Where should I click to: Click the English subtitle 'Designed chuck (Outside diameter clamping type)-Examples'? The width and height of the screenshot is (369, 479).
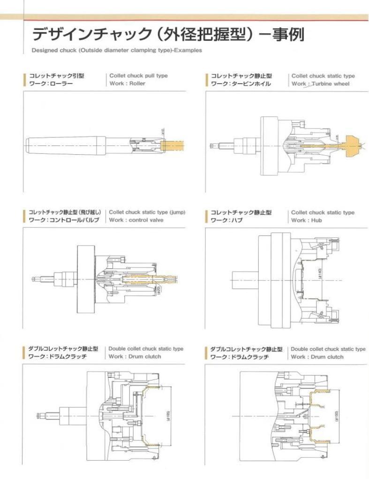(117, 51)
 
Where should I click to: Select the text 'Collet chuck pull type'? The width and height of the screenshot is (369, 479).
(138, 76)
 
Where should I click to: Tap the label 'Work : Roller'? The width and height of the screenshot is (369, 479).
(128, 84)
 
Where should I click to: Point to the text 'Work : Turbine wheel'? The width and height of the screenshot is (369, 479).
(320, 84)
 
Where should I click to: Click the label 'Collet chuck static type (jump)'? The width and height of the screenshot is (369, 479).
(147, 212)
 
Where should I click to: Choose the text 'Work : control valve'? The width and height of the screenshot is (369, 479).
(136, 220)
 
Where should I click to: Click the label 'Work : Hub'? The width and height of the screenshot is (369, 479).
(307, 220)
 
